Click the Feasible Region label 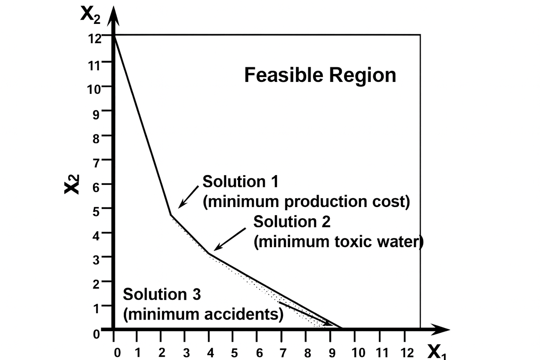(320, 75)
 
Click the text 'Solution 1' (240, 182)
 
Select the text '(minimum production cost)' (306, 202)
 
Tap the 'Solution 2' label (292, 222)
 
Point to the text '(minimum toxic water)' (338, 242)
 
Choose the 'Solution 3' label (162, 294)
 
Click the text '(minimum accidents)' (203, 314)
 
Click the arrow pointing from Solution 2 (230, 239)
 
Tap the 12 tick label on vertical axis (95, 38)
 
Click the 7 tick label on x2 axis (96, 163)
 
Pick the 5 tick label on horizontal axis (234, 353)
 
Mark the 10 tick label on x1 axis (358, 353)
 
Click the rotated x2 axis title (72, 184)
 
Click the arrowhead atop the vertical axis (113, 16)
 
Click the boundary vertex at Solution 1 (171, 214)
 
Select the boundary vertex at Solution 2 (209, 253)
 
